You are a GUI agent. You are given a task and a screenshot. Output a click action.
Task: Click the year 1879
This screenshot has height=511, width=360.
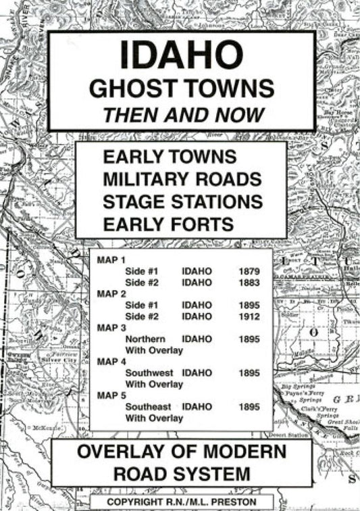point(249,270)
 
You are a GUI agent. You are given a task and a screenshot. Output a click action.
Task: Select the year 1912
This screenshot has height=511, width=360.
point(249,316)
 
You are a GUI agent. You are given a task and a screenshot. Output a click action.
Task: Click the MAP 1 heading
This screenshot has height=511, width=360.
point(108,259)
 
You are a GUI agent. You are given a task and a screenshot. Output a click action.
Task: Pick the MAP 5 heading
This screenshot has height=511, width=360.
point(108,395)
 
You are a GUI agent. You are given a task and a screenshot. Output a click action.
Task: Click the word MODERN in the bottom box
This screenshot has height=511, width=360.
point(246,452)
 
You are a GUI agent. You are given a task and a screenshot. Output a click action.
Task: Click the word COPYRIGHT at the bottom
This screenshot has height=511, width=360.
point(134,502)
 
